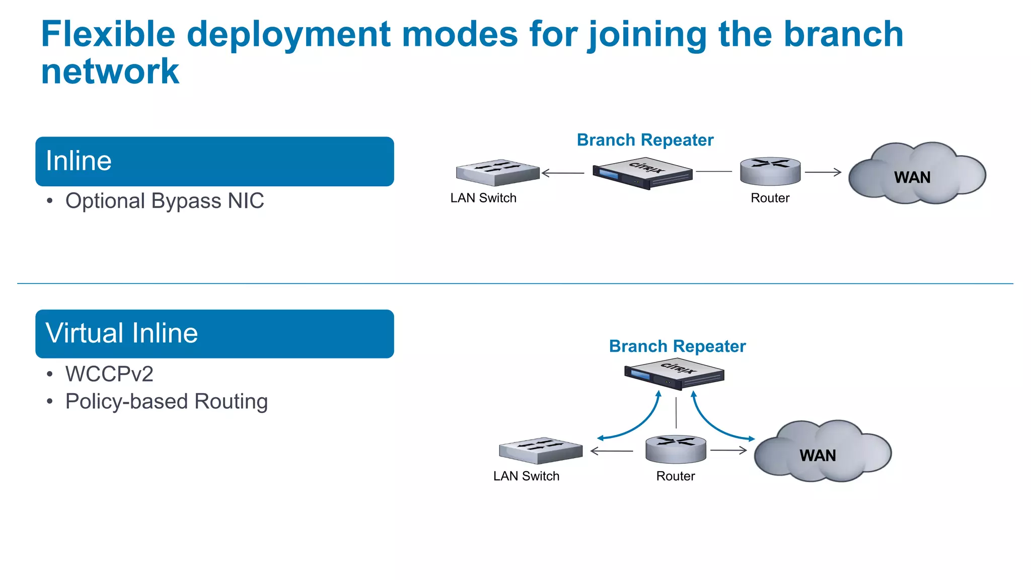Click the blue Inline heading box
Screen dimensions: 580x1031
[x=214, y=161]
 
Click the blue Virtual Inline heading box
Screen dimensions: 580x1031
[x=214, y=334]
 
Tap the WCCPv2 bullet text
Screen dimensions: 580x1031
[x=109, y=374]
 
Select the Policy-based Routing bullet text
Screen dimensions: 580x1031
[x=166, y=402]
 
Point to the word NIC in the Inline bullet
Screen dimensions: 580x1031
[x=246, y=201]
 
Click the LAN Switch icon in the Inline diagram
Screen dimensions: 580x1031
[x=497, y=173]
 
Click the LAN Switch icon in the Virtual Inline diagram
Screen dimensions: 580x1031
[x=540, y=450]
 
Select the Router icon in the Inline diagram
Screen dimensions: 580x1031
[x=770, y=171]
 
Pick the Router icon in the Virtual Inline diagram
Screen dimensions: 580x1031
[x=676, y=449]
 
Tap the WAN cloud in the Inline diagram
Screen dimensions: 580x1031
[x=916, y=174]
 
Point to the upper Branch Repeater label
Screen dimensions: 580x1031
[x=645, y=140]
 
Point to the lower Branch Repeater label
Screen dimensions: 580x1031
[x=677, y=346]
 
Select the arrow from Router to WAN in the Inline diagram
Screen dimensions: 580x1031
[x=823, y=172]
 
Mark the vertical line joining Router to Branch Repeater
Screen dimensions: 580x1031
[x=676, y=413]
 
